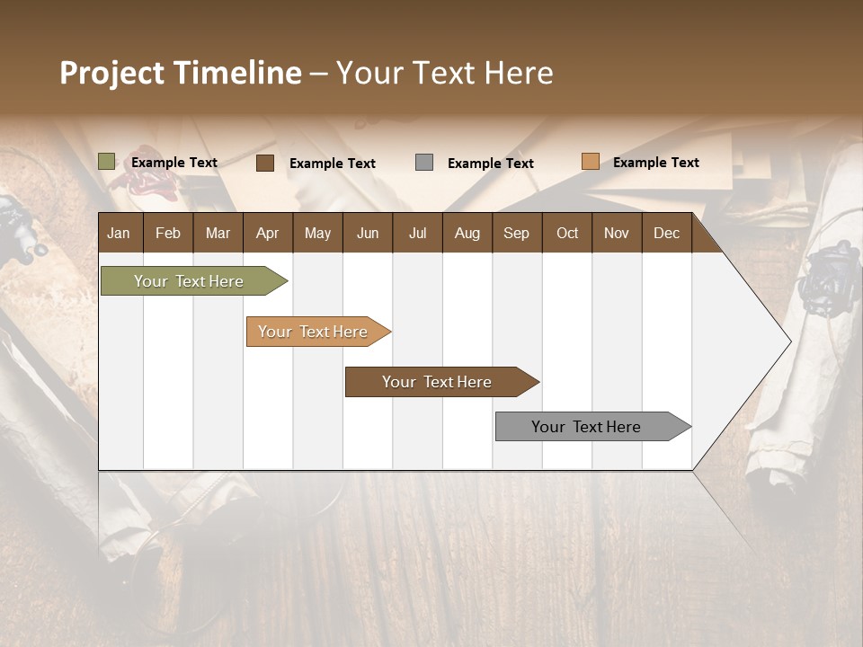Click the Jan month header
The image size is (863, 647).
point(119,233)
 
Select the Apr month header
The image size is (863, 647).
point(267,233)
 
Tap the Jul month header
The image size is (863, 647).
point(417,233)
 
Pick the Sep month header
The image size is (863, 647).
point(516,233)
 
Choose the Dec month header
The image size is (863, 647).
point(666,233)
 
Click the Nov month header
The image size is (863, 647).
point(616,233)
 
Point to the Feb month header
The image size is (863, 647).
point(168,233)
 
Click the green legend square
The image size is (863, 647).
point(107,162)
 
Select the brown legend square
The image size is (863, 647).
point(265,163)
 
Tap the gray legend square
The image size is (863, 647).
point(424,162)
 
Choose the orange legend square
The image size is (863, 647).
point(590,162)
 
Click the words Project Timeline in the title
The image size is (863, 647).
point(180,73)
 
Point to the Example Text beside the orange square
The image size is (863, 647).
point(655,163)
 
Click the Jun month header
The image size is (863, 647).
point(368,233)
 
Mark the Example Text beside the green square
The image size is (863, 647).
point(174,163)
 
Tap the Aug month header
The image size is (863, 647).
point(467,233)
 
